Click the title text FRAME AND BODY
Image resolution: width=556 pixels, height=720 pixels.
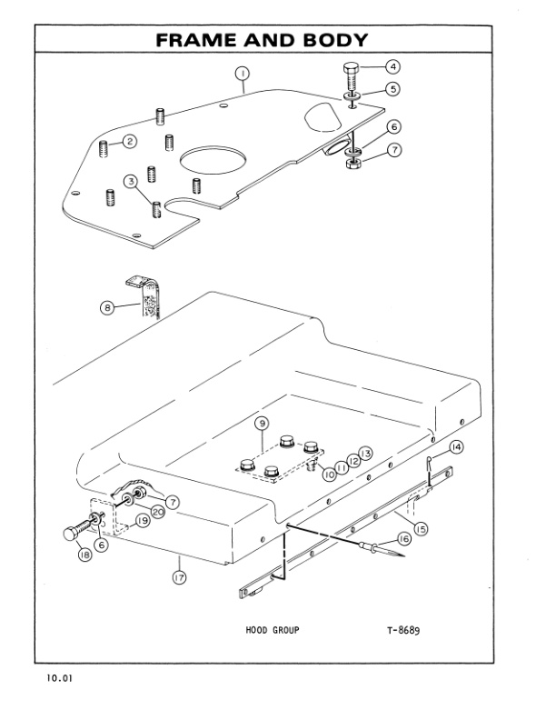[263, 40]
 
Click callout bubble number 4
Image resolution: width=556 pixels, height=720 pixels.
[392, 66]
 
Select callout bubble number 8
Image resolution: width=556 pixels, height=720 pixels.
[107, 308]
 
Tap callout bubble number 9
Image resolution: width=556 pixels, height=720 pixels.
[261, 424]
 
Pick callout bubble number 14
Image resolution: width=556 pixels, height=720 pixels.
[456, 446]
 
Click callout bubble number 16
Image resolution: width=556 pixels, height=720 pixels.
[403, 538]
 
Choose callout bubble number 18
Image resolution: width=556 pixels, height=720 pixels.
[84, 555]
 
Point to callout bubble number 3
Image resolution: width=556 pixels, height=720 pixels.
[131, 182]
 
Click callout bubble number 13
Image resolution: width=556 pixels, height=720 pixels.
[365, 453]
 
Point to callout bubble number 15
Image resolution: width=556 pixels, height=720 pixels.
[422, 527]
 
